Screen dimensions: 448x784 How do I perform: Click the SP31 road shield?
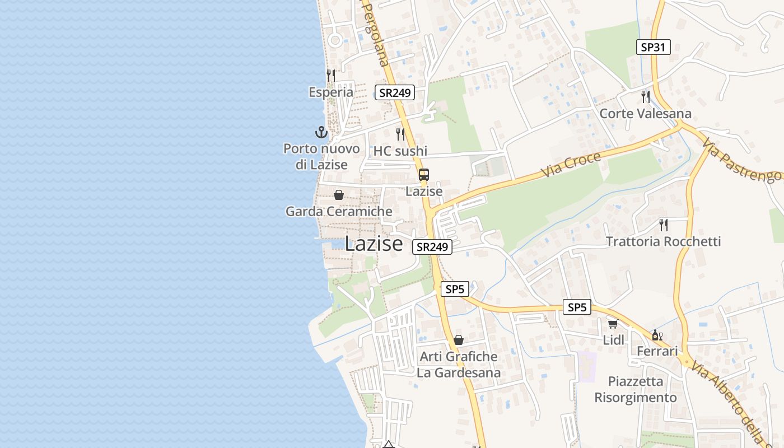(x=654, y=47)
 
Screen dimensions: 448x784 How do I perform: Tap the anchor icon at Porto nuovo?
(x=321, y=133)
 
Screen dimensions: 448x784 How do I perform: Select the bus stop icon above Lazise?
(x=424, y=175)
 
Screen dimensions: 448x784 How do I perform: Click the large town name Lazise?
(x=374, y=244)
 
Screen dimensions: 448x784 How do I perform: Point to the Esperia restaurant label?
(x=331, y=92)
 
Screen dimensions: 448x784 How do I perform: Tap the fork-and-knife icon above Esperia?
(x=331, y=75)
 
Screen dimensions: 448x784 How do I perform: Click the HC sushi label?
(x=400, y=151)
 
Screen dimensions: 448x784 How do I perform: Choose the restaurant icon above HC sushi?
(x=400, y=134)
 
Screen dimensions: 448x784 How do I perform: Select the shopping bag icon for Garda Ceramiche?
(x=339, y=195)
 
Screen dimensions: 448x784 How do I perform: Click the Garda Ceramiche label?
(x=339, y=211)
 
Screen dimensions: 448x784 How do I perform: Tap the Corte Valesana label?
(x=645, y=114)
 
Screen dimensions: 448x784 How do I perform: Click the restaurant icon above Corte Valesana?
(x=646, y=97)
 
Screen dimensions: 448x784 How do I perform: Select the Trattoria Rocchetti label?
(x=663, y=241)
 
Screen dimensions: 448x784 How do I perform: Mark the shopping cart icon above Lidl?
(x=613, y=324)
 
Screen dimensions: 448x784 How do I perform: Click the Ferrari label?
(x=657, y=351)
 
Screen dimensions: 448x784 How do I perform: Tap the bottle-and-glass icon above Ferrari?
(x=657, y=335)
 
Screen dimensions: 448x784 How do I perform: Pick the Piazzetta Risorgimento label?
(x=636, y=389)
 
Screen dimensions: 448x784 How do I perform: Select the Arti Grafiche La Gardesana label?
(x=459, y=364)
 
